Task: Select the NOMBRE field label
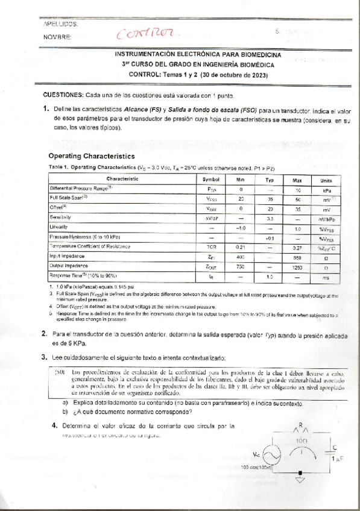pyautogui.click(x=58, y=37)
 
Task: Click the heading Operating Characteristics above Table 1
pyautogui.click(x=95, y=155)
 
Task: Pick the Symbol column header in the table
pyautogui.click(x=216, y=179)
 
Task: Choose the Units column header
pyautogui.click(x=326, y=179)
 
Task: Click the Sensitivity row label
pyautogui.click(x=60, y=217)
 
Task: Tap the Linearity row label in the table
pyautogui.click(x=58, y=227)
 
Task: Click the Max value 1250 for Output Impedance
pyautogui.click(x=297, y=266)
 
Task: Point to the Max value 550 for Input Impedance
pyautogui.click(x=297, y=256)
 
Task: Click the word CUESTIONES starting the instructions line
pyautogui.click(x=63, y=95)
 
